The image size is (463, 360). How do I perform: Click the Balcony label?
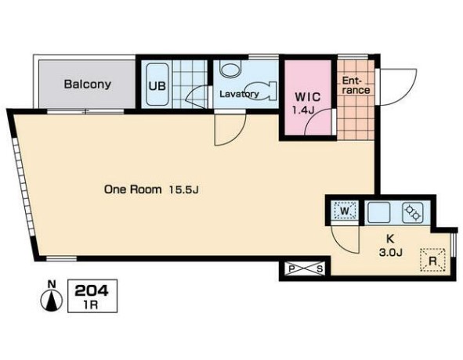click(88, 85)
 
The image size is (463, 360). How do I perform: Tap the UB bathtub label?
click(157, 86)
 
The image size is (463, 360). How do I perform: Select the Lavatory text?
click(239, 94)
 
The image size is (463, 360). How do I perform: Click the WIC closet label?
click(308, 97)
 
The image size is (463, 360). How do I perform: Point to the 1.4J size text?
click(303, 110)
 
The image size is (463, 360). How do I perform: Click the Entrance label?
click(356, 85)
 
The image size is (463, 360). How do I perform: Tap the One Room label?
click(133, 189)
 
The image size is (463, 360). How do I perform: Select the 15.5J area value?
click(183, 189)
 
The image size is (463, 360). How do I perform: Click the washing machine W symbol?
click(345, 211)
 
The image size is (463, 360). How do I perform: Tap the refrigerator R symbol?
click(432, 260)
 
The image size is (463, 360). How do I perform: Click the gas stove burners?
click(413, 212)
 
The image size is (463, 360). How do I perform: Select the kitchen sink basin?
click(378, 213)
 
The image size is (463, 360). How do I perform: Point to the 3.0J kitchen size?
click(390, 252)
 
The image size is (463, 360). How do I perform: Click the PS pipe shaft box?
click(306, 268)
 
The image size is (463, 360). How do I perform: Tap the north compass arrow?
click(52, 301)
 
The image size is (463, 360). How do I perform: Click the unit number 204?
click(92, 291)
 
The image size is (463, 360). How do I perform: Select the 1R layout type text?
click(92, 304)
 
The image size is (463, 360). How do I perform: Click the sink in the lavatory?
click(230, 70)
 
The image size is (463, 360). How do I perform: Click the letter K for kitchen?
click(391, 239)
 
